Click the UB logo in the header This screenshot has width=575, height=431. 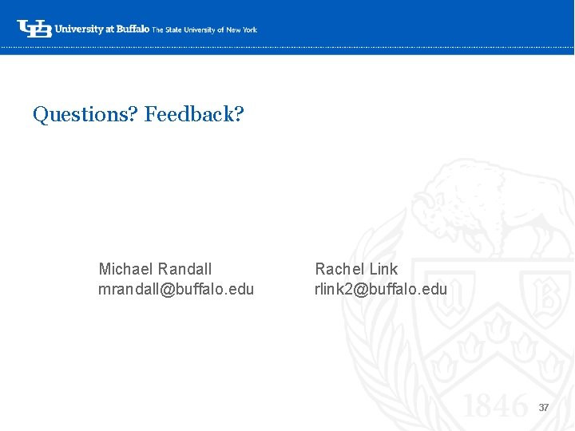34,29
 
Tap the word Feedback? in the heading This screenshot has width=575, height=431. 194,114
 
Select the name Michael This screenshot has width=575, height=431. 126,269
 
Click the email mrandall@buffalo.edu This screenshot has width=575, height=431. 176,289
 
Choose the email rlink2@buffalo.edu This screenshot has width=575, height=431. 381,289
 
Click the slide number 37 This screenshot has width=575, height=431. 544,407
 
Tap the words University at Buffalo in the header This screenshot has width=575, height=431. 103,30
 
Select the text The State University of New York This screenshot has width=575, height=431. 205,30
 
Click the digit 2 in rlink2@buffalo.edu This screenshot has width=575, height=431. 348,289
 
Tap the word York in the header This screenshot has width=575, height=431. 249,30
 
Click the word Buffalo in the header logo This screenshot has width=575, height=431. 133,30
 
